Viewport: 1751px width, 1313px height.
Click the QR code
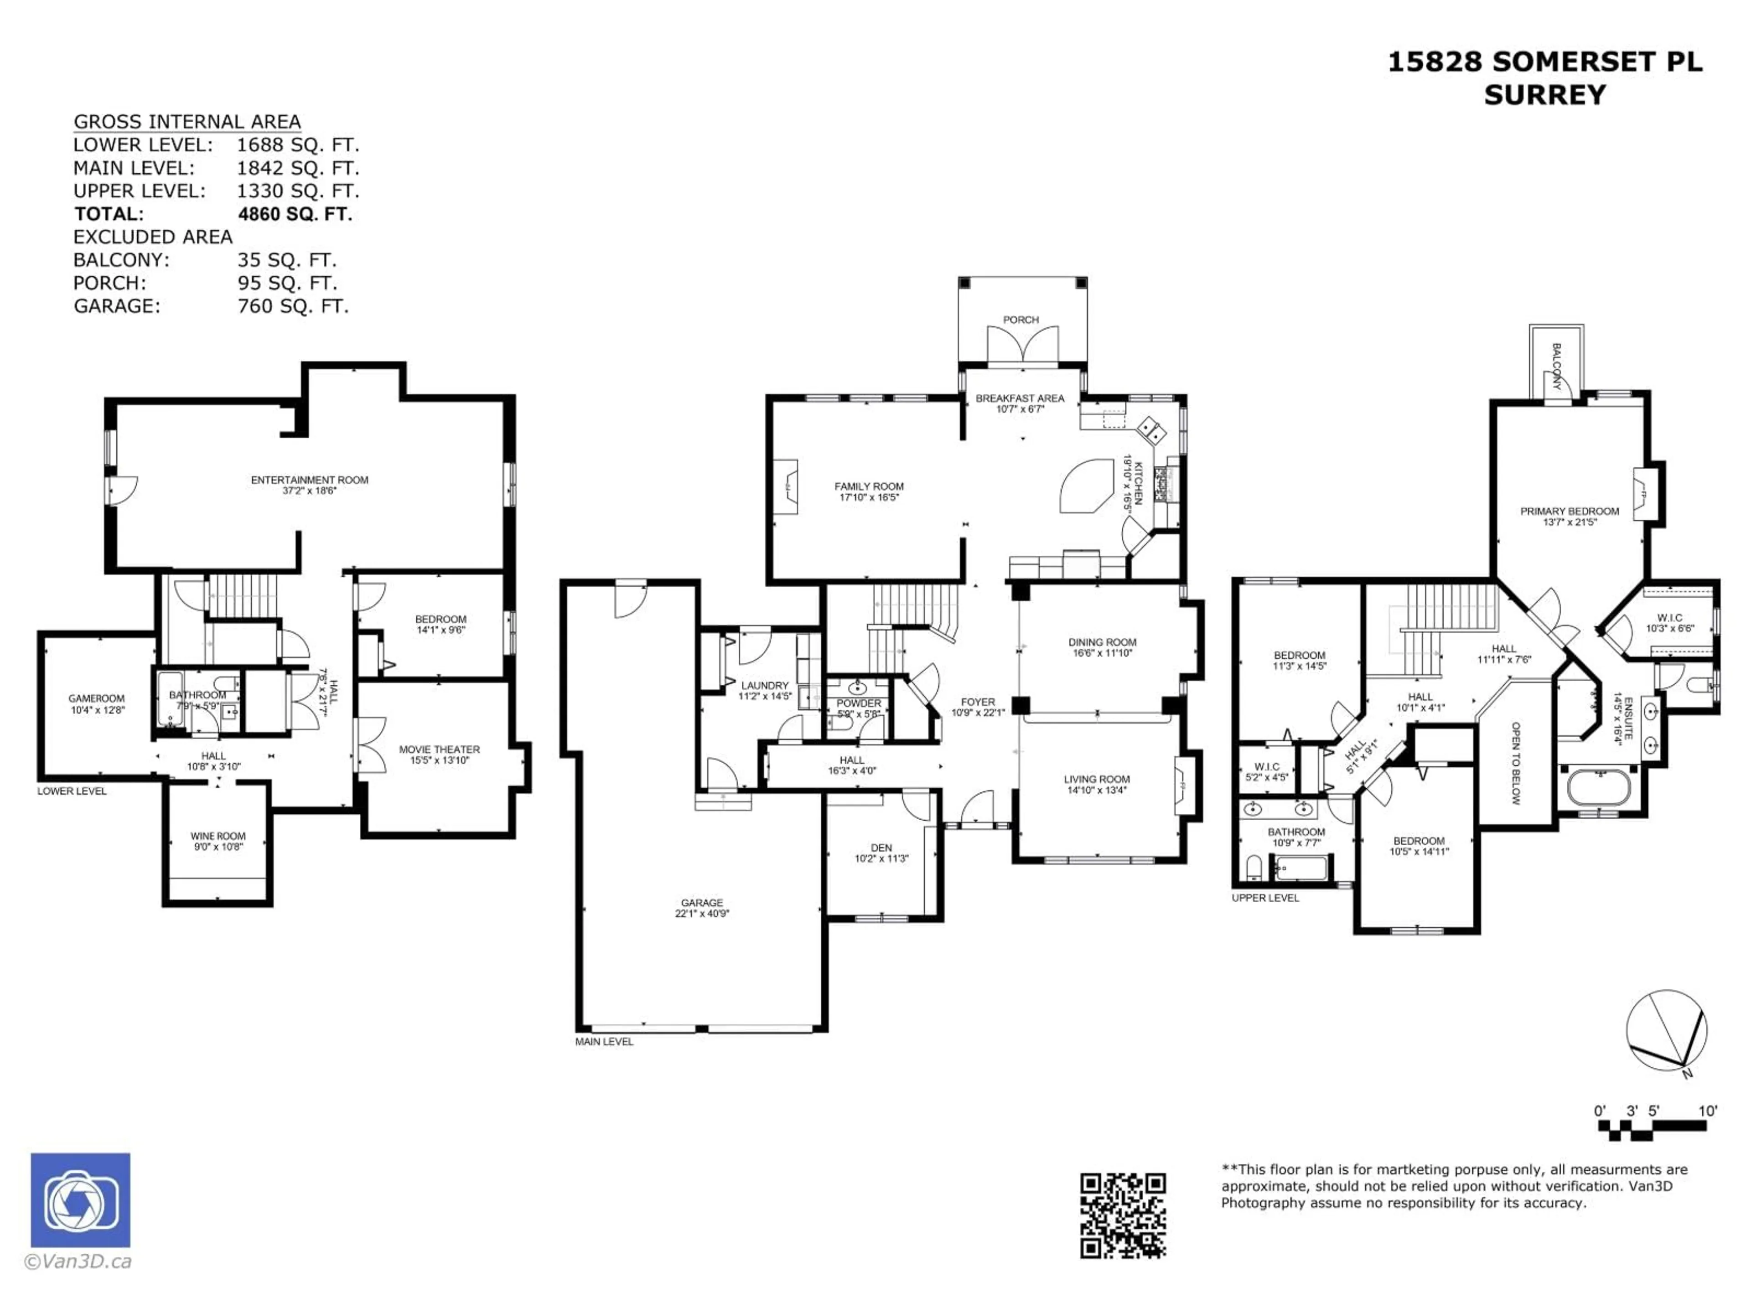coord(1123,1215)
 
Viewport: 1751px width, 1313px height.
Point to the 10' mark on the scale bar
coord(1708,1111)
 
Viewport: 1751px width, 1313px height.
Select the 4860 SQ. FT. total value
coord(295,214)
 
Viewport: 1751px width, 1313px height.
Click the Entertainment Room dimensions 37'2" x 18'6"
coord(310,491)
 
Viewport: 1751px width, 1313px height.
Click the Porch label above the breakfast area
coord(1021,320)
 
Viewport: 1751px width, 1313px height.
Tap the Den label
coord(881,848)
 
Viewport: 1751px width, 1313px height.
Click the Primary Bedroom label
coord(1569,511)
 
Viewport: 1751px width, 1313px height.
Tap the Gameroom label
coord(97,698)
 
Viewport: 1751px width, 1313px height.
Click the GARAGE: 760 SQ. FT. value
coord(293,305)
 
